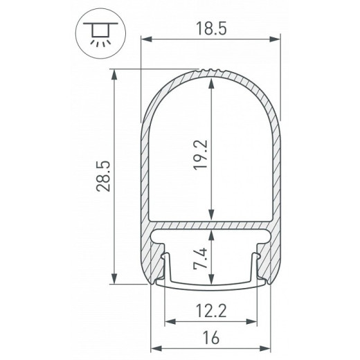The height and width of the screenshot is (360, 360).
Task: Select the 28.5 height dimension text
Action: pyautogui.click(x=104, y=177)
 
